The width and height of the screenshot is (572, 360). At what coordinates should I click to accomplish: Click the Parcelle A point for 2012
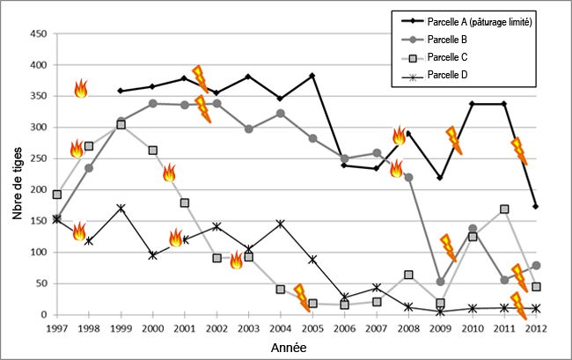(536, 206)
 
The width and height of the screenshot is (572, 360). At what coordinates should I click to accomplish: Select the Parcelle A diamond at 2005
(312, 76)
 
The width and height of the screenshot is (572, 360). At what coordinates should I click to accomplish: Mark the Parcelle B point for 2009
(440, 282)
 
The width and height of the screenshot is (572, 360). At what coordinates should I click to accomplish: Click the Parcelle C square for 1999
(121, 124)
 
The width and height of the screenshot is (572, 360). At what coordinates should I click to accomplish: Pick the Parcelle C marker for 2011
(504, 209)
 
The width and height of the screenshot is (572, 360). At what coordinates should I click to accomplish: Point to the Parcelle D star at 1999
(121, 208)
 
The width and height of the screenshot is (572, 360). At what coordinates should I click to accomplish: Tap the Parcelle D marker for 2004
(281, 224)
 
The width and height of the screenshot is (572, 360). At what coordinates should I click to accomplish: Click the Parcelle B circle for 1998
(89, 167)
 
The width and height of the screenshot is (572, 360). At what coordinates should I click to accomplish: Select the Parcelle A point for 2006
(344, 165)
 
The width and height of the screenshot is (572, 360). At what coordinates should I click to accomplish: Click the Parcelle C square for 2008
(408, 275)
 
